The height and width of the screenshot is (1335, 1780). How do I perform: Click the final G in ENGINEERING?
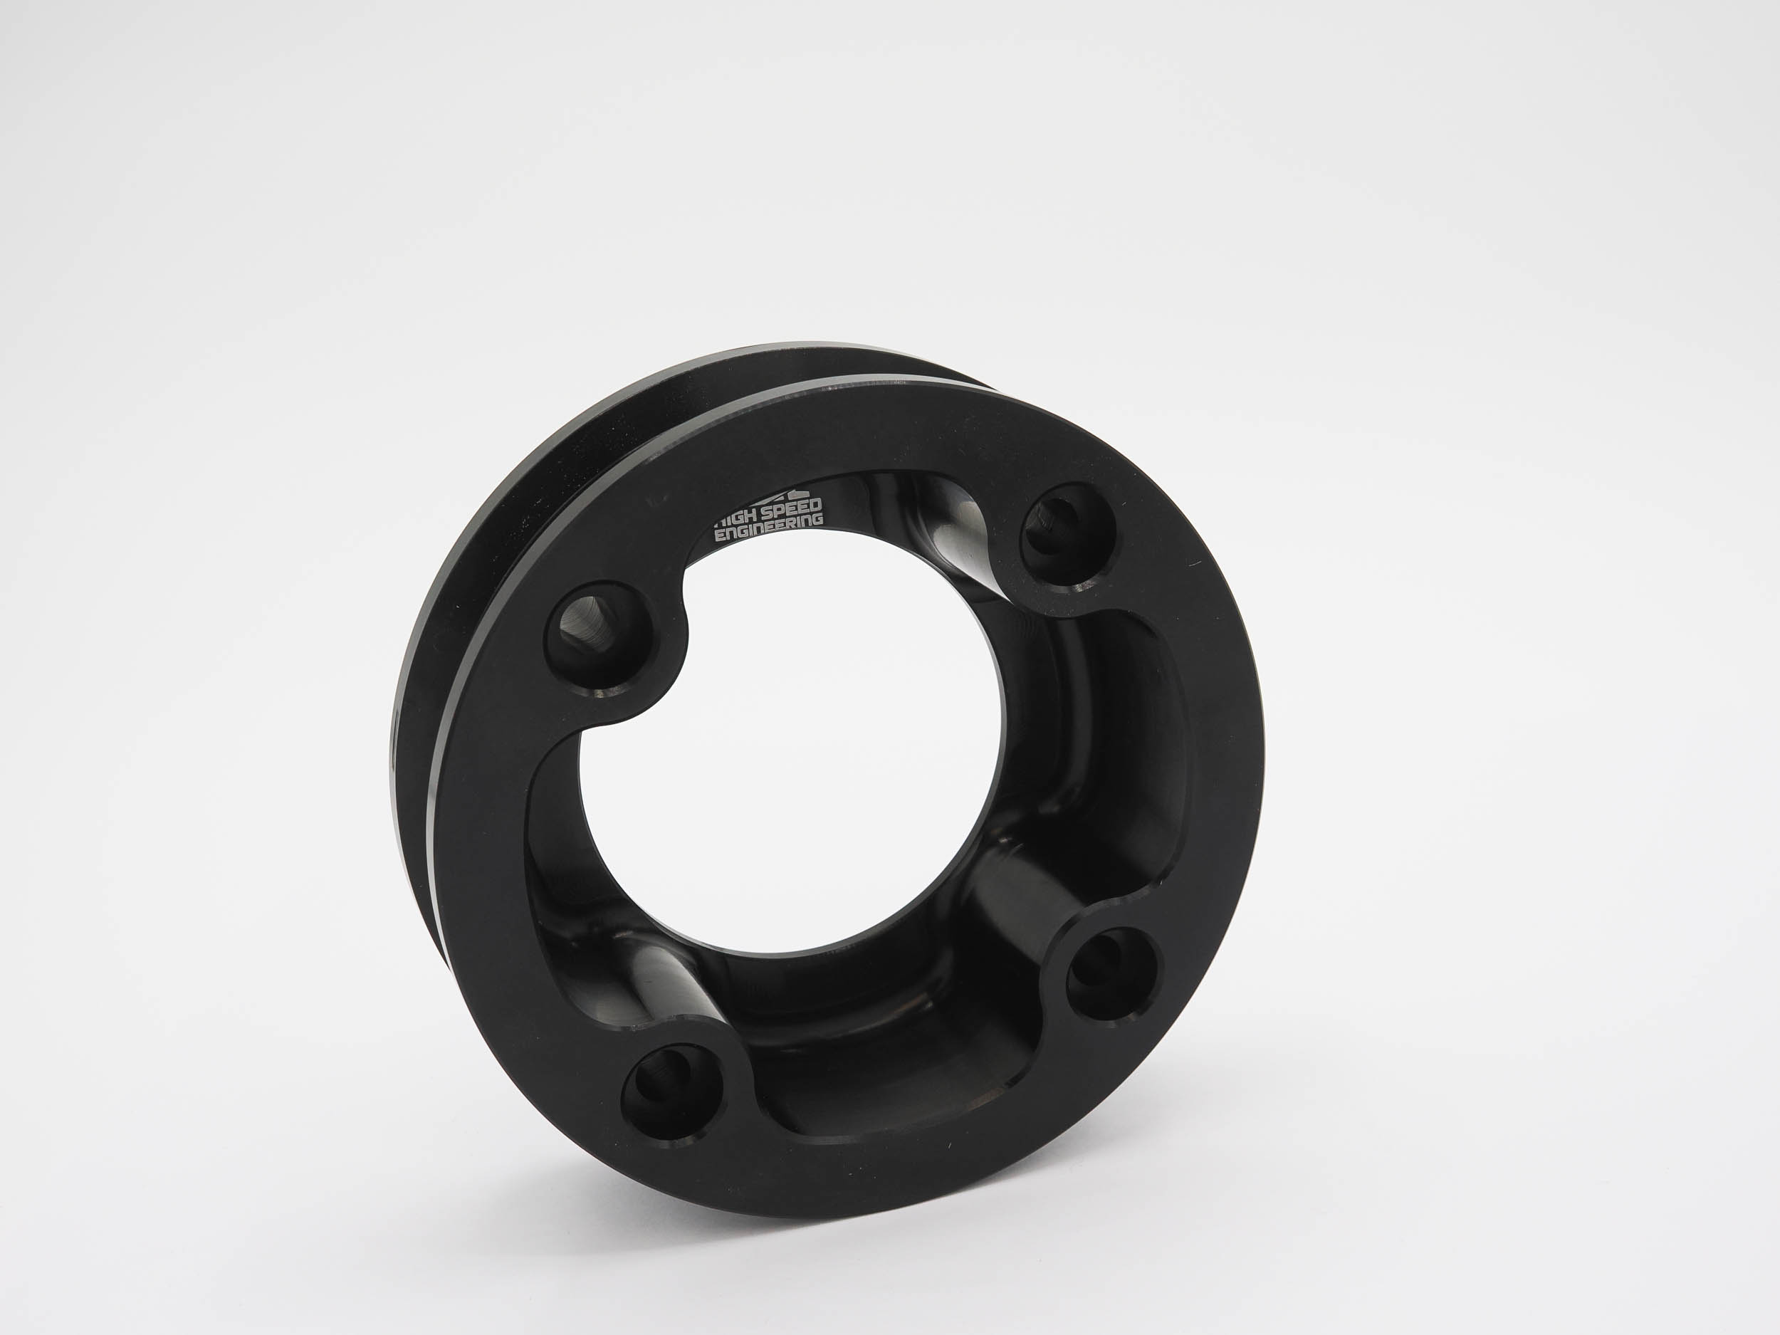point(818,520)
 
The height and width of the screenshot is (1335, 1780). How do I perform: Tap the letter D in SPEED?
point(816,505)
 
